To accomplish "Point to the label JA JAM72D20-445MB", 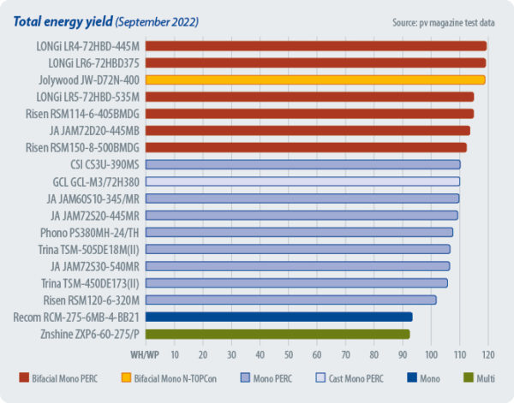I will [94, 130].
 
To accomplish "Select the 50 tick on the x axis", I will [289, 353].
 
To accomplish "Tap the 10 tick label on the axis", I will [175, 353].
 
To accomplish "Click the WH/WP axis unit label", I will [144, 353].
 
